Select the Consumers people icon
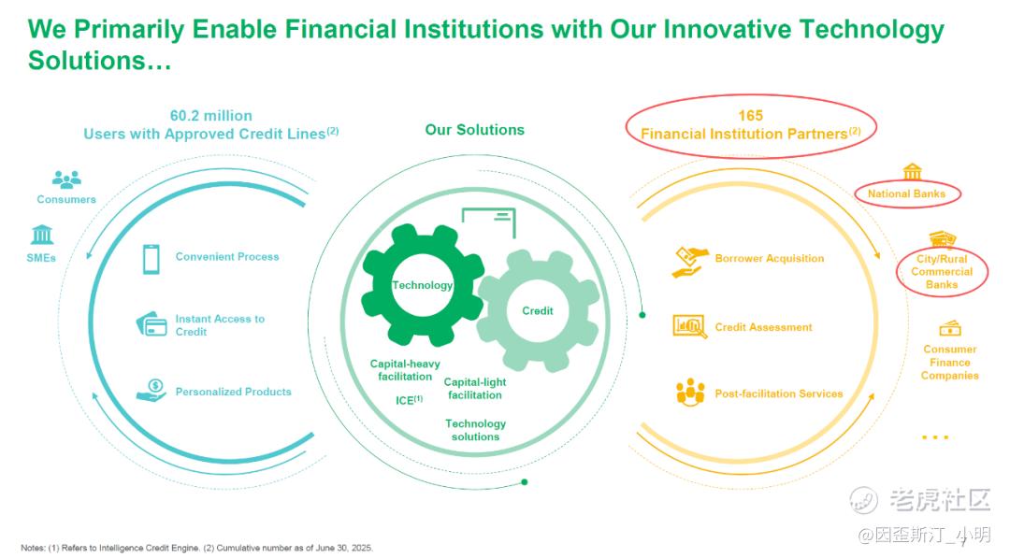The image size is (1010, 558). (66, 179)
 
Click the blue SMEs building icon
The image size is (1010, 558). (42, 235)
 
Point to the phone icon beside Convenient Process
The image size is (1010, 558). (151, 259)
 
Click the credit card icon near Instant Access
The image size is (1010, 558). (151, 323)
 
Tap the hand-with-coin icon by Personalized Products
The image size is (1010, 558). (152, 390)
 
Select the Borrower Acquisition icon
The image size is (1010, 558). (690, 262)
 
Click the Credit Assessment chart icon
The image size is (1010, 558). (689, 326)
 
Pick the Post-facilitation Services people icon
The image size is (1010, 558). (690, 392)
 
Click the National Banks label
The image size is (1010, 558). (906, 193)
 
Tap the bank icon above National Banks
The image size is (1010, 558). (912, 171)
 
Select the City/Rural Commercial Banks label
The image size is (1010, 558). (942, 272)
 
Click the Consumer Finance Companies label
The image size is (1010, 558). (949, 363)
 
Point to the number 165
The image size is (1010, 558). (750, 115)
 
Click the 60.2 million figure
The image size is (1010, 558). (210, 116)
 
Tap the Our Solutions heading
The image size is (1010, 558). (475, 130)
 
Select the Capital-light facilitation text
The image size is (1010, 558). (475, 389)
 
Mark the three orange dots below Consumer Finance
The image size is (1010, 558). (935, 437)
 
